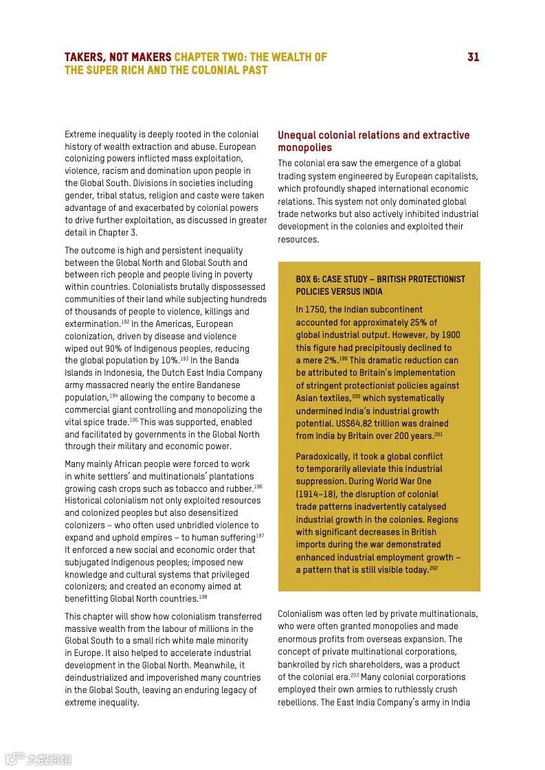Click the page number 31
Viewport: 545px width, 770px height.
click(473, 57)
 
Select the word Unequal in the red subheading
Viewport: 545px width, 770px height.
click(298, 135)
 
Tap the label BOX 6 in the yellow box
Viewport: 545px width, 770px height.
click(308, 279)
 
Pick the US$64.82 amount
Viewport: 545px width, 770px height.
click(356, 423)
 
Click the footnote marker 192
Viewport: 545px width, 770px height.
click(125, 321)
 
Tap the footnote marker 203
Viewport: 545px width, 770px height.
click(355, 675)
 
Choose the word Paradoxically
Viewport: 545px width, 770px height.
click(322, 456)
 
